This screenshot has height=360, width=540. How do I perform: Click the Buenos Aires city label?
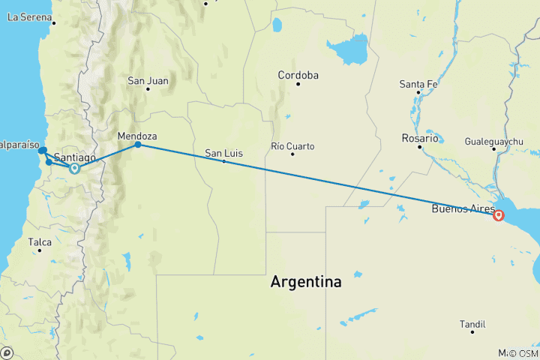462,209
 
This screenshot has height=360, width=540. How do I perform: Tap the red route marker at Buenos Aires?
499,215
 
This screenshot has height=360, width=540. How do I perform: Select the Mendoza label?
137,136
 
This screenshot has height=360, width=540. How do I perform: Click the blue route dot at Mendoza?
138,144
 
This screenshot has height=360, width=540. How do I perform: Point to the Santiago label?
75,157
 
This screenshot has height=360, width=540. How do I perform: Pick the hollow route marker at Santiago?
74,169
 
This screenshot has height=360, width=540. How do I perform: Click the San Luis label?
224,154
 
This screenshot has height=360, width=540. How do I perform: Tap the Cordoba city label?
298,75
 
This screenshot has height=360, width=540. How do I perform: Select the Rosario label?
419,139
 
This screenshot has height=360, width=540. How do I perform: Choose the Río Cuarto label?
292,145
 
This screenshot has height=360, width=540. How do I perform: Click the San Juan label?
148,80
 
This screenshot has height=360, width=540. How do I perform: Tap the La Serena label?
28,16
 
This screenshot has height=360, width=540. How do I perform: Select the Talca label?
40,241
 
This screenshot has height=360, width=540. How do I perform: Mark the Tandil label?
472,313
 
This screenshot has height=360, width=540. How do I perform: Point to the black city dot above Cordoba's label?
298,83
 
